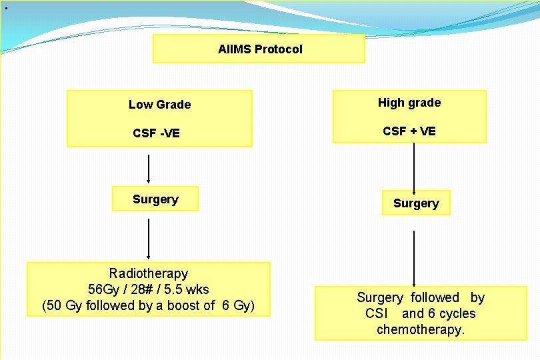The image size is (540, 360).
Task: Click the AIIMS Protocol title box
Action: point(259,49)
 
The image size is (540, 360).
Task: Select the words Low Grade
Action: point(159,105)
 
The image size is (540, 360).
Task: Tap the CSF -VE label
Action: point(156,133)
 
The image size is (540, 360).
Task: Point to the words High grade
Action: point(409,103)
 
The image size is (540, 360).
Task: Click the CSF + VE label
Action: point(409,131)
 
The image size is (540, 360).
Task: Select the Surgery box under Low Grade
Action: point(155,199)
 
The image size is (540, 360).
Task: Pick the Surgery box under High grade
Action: point(416,203)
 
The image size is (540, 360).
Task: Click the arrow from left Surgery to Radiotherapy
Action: point(149,238)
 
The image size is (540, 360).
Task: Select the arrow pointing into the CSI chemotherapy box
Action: point(415,259)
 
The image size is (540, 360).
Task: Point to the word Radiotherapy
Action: point(149,273)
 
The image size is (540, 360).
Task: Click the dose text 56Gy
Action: point(102,290)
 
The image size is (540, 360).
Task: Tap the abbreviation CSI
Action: point(377,313)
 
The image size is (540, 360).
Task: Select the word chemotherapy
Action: point(420,329)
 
